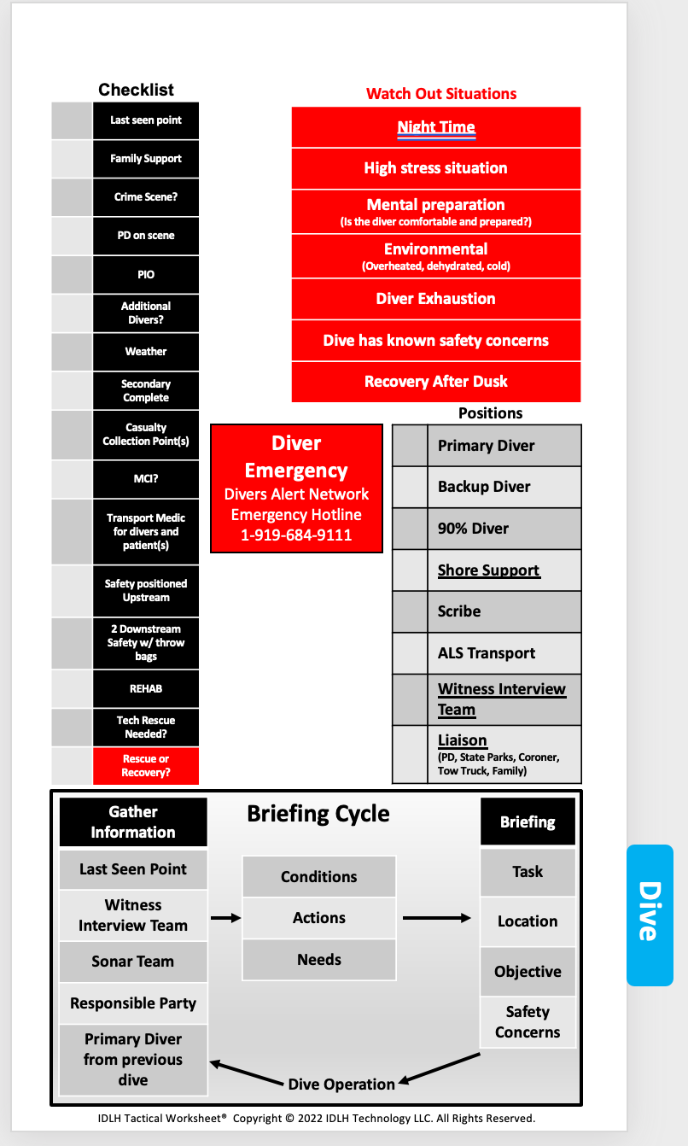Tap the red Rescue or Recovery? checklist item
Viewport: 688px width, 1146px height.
[x=146, y=766]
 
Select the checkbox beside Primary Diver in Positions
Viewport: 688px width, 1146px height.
[x=410, y=446]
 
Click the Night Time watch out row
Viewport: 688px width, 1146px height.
[x=436, y=128]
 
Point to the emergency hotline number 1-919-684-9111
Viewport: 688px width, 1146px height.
[x=296, y=535]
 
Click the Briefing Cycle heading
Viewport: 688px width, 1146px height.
[x=318, y=814]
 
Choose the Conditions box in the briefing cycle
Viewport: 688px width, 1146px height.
[x=319, y=877]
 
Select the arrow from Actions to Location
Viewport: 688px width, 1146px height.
[x=436, y=918]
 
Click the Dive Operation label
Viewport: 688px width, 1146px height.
[x=341, y=1085]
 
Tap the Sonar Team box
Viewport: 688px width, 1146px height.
[x=133, y=962]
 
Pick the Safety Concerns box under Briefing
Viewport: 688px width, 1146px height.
[x=528, y=1022]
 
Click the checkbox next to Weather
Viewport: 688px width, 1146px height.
[x=72, y=352]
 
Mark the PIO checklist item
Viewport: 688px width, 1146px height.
[x=146, y=275]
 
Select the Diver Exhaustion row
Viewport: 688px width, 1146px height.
[x=436, y=299]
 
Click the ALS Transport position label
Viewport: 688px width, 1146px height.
[x=487, y=653]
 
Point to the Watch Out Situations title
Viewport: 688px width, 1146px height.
[x=441, y=94]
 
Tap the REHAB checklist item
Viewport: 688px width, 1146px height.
[x=146, y=688]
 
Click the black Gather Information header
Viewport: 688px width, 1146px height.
[x=133, y=821]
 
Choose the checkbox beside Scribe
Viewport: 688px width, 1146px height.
[x=410, y=611]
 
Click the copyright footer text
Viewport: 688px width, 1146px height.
[x=316, y=1118]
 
